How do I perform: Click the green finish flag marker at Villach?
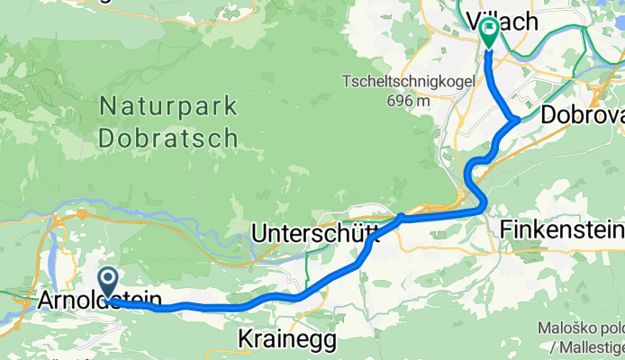pyautogui.click(x=488, y=32)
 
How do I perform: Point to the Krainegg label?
pyautogui.click(x=286, y=340)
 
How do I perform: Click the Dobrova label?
pyautogui.click(x=583, y=116)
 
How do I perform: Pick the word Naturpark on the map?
pyautogui.click(x=168, y=107)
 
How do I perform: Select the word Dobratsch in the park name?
pyautogui.click(x=168, y=138)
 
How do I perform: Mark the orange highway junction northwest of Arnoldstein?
pyautogui.click(x=82, y=214)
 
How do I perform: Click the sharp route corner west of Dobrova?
pyautogui.click(x=515, y=119)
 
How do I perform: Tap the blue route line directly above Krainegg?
pyautogui.click(x=286, y=296)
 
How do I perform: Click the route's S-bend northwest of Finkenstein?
pyautogui.click(x=474, y=175)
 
